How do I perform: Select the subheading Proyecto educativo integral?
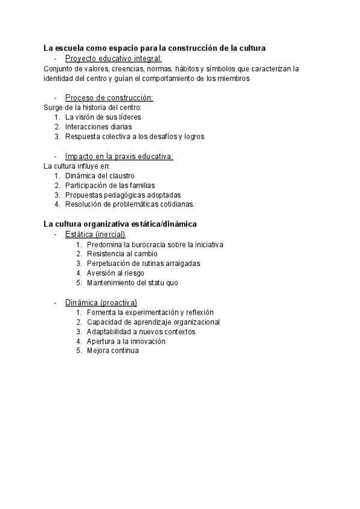(113, 58)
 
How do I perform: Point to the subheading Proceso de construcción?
(109, 97)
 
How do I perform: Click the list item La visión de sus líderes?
(103, 117)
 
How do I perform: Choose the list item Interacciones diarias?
(98, 127)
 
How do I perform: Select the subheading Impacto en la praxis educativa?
(119, 156)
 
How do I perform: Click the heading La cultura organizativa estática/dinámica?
(120, 224)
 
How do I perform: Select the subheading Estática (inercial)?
(95, 234)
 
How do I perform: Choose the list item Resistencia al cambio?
(122, 253)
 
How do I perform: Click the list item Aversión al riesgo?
(115, 273)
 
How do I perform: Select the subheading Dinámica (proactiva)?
(101, 303)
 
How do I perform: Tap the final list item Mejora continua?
(112, 351)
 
